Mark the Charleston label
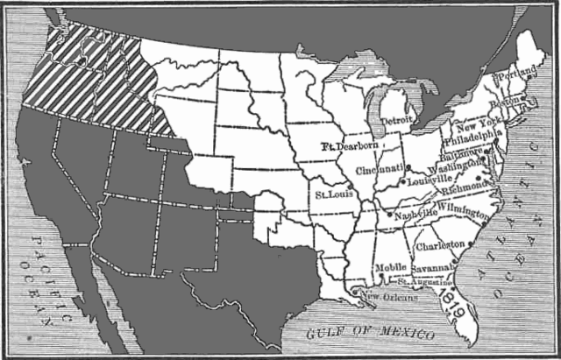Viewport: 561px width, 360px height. click(x=441, y=236)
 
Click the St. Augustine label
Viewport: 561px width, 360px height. click(x=426, y=282)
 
